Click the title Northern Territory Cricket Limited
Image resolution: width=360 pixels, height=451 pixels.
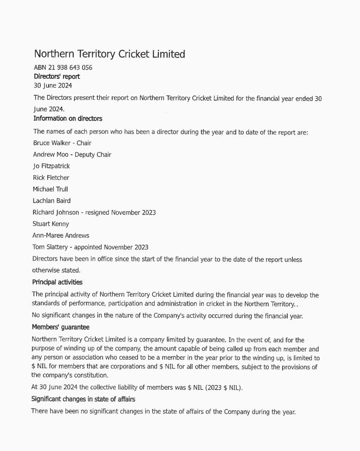[109, 54]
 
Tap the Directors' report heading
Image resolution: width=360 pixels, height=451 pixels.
[57, 76]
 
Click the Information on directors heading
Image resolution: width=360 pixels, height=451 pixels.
[68, 119]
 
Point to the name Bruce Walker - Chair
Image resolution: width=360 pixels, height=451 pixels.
[62, 143]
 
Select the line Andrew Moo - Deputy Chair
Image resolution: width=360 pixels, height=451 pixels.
[72, 154]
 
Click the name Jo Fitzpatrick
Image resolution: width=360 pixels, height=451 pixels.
[51, 166]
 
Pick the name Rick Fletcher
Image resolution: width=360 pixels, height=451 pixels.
[51, 178]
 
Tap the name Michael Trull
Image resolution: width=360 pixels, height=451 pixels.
[50, 189]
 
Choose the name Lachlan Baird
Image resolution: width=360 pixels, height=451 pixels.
[51, 201]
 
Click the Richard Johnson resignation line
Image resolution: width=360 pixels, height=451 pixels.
[94, 212]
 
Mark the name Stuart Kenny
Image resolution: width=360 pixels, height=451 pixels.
[51, 224]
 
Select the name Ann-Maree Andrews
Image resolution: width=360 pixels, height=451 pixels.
[61, 235]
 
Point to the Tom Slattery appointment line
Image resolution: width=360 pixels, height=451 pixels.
[90, 247]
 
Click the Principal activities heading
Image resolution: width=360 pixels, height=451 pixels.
[57, 282]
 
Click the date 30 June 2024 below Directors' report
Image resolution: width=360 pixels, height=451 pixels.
[53, 86]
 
